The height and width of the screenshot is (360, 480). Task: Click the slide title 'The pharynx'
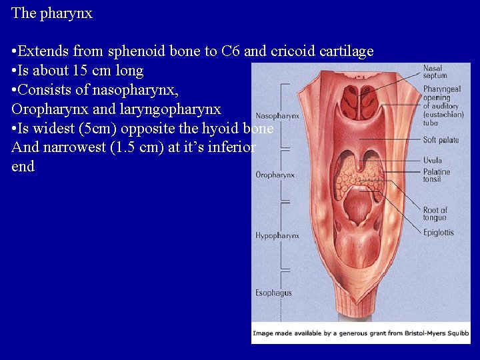(x=52, y=13)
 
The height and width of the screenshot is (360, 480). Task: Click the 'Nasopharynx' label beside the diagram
(x=277, y=115)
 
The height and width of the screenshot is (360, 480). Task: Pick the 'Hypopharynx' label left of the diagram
(x=277, y=235)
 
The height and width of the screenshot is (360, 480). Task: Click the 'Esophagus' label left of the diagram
(x=273, y=293)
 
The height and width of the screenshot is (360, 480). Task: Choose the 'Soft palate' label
(x=441, y=140)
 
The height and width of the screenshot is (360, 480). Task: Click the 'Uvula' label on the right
(x=433, y=160)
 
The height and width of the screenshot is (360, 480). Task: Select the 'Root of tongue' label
(x=435, y=214)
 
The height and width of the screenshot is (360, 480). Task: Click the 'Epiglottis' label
(x=439, y=232)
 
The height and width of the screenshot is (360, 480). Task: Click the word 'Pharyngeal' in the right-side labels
(x=442, y=89)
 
